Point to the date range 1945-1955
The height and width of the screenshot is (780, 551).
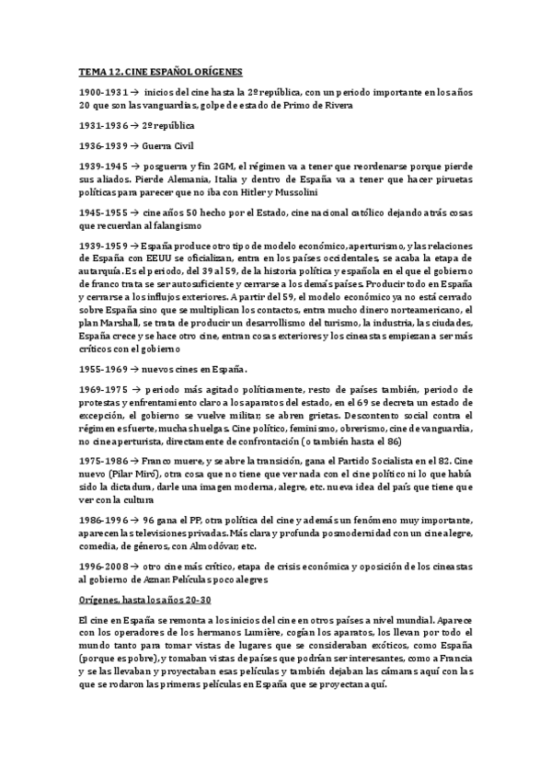(103, 211)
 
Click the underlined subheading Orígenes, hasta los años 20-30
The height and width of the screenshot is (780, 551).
(144, 599)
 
